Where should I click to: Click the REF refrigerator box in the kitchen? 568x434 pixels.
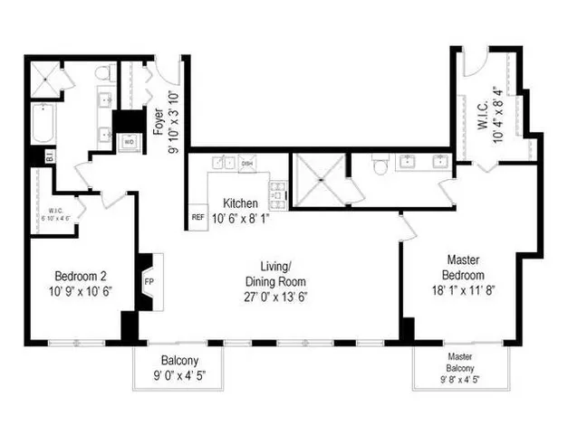[x=197, y=217]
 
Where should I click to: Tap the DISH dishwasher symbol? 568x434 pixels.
[x=247, y=164]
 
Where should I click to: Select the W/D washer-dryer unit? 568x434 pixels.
[x=129, y=142]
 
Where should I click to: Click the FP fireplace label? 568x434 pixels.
[x=149, y=281]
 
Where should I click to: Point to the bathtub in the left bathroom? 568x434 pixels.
[x=42, y=124]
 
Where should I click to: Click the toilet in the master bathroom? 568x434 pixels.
[x=380, y=164]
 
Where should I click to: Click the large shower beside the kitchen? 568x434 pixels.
[x=319, y=180]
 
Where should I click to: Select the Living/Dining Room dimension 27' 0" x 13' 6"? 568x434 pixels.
[x=275, y=295]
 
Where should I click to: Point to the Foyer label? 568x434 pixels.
[x=159, y=118]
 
